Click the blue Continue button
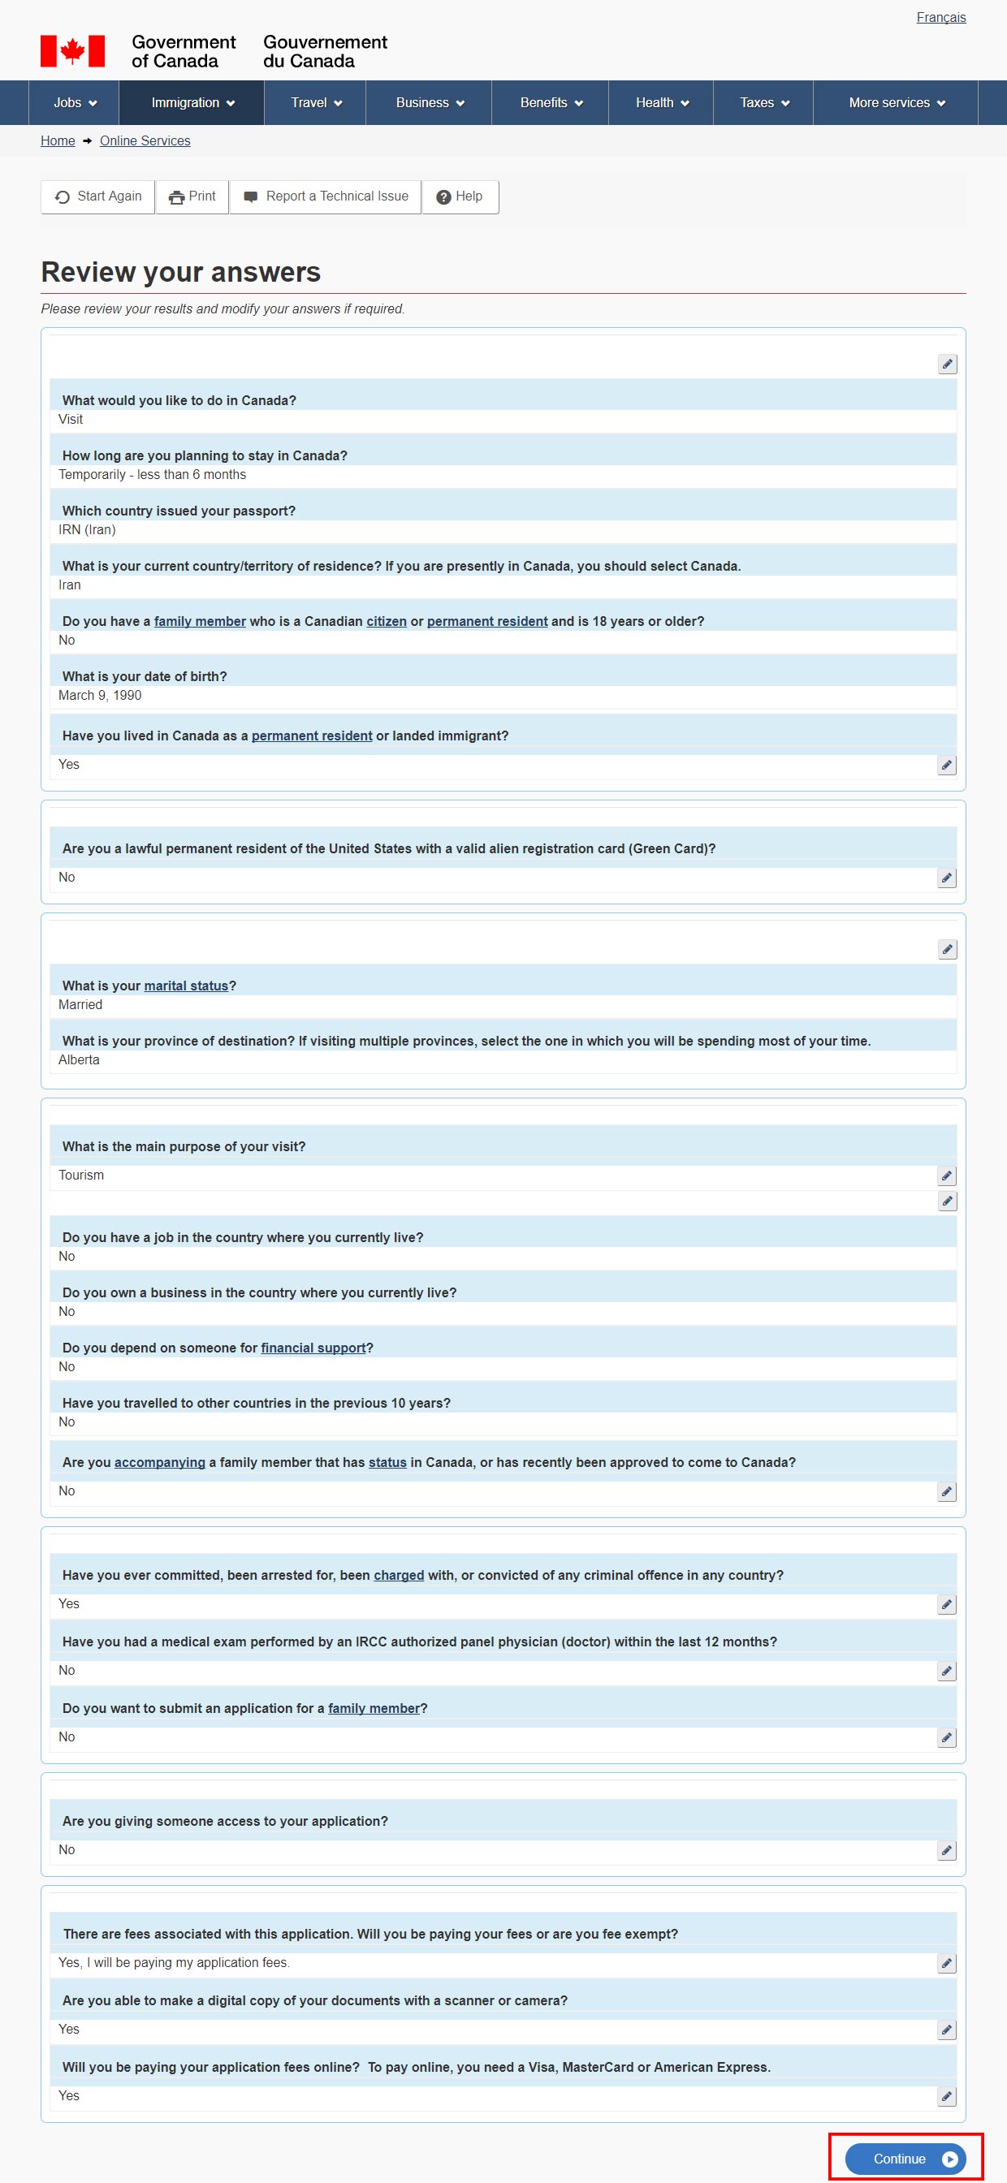(x=905, y=2159)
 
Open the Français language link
(x=940, y=18)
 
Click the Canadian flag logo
(x=73, y=51)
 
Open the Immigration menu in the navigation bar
(x=192, y=102)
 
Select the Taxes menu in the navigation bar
(x=763, y=102)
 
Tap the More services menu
(x=896, y=102)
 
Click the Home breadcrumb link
(x=58, y=140)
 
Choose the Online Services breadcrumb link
(x=145, y=140)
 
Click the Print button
(x=192, y=196)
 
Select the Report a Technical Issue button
(x=326, y=196)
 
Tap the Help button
(x=460, y=196)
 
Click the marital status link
(x=186, y=986)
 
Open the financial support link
(x=313, y=1348)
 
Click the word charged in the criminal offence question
(x=399, y=1575)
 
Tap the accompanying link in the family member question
(x=159, y=1462)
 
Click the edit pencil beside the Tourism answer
(x=947, y=1176)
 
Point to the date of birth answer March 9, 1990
(x=100, y=695)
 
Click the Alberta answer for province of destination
(x=79, y=1059)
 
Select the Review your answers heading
(x=180, y=272)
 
